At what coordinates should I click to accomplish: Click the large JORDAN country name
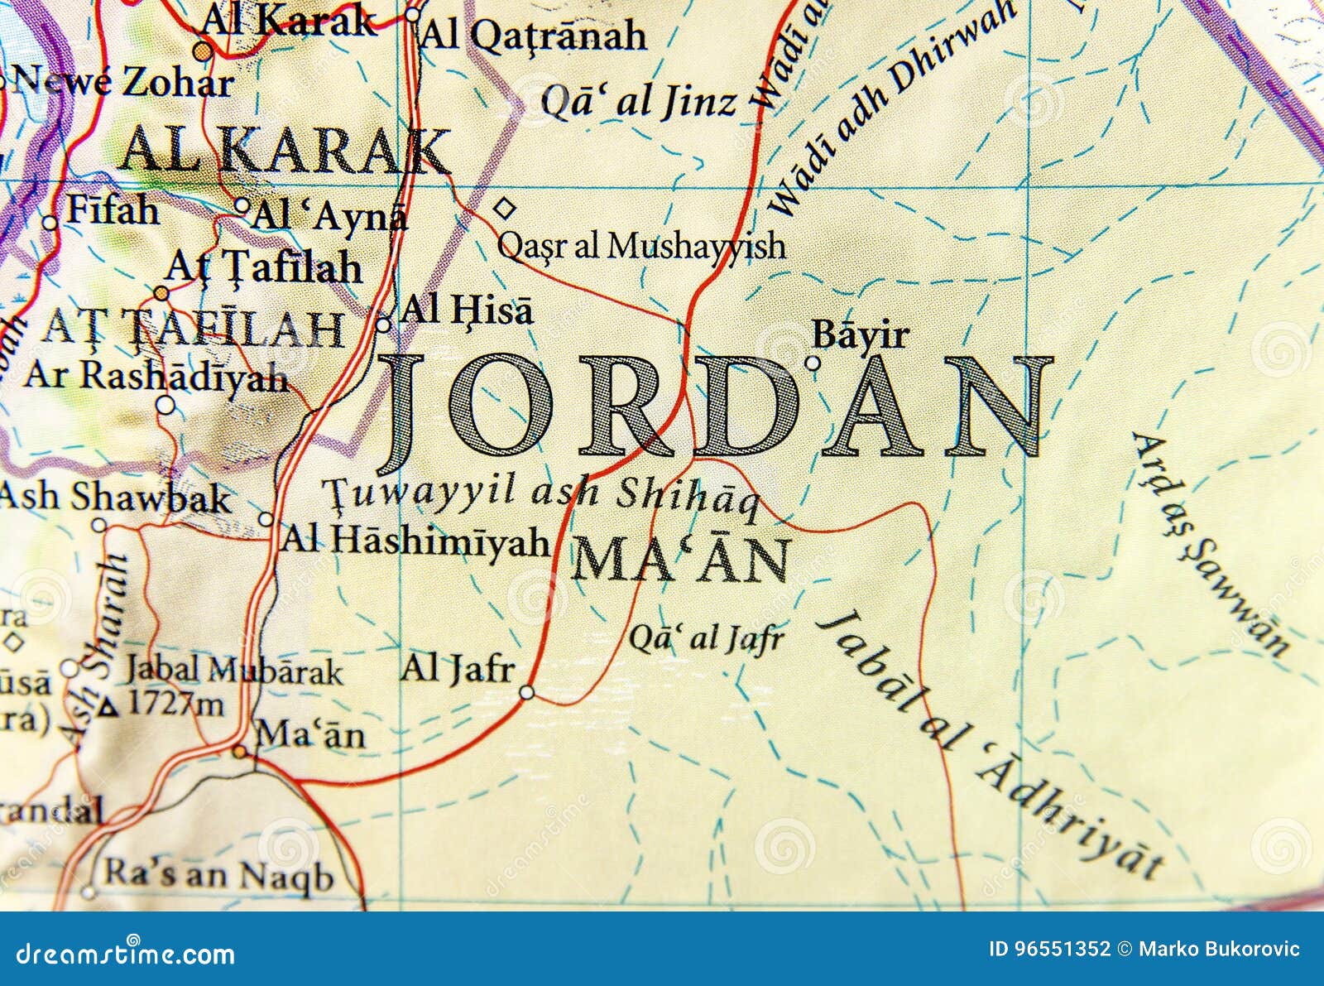pos(716,406)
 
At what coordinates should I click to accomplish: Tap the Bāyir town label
pos(861,335)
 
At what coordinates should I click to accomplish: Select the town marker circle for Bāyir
pos(813,363)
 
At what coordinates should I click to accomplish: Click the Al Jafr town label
pos(458,668)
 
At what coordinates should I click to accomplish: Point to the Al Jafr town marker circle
pos(527,692)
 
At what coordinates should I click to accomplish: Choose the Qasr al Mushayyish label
pos(640,246)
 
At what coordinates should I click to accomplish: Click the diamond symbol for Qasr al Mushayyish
pos(504,209)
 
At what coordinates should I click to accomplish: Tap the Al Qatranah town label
pos(534,36)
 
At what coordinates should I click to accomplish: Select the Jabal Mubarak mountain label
pos(234,671)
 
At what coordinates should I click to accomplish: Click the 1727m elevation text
pos(175,705)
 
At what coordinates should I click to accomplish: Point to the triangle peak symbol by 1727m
pos(108,709)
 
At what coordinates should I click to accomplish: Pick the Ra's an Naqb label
pos(218,876)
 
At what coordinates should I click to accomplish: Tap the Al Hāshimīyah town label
pos(415,541)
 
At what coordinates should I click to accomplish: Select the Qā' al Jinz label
pos(638,102)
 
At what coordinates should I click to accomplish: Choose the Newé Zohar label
pos(123,82)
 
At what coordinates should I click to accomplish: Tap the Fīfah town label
pos(112,210)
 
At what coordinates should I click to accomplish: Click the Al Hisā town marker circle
pos(383,325)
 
